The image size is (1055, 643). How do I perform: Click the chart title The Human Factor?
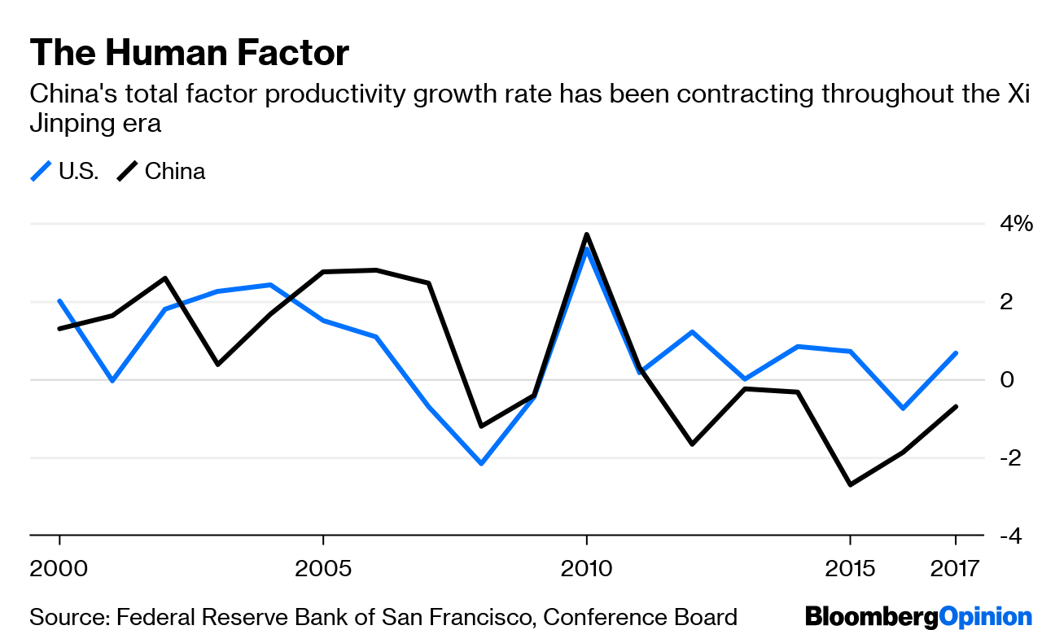189,54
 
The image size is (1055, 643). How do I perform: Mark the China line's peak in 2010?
586,234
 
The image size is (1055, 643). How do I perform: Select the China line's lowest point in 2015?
850,485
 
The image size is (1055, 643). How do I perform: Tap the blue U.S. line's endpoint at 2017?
955,353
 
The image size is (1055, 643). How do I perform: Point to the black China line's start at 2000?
59,329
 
